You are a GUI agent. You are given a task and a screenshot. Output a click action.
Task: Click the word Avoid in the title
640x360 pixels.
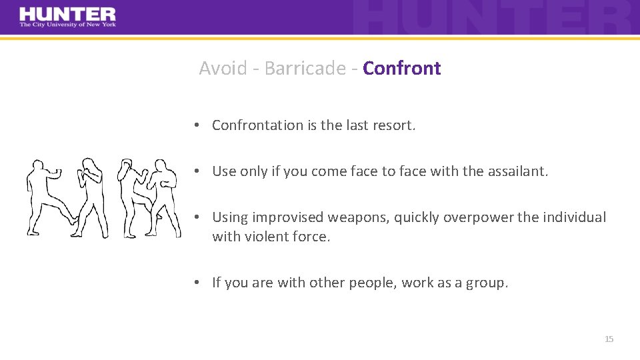223,68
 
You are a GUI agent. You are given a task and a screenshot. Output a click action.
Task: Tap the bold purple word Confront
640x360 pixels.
402,68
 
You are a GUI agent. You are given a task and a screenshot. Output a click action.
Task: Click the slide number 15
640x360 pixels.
609,339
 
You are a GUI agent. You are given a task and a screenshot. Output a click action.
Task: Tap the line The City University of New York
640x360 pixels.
67,25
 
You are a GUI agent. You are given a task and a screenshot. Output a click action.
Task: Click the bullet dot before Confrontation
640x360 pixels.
198,126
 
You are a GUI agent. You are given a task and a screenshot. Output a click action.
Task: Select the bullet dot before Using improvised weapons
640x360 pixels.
198,218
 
